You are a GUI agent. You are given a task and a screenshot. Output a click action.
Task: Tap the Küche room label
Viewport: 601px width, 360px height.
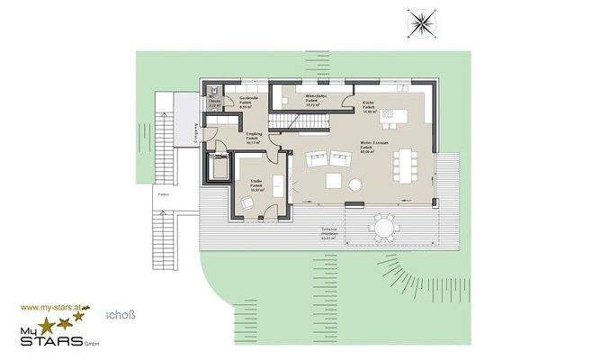369,106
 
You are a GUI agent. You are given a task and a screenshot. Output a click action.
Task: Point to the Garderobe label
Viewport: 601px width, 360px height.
249,100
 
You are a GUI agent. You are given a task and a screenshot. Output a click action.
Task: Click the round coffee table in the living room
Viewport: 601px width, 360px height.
354,184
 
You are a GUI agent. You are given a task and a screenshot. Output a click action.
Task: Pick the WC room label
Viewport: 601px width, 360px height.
215,103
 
